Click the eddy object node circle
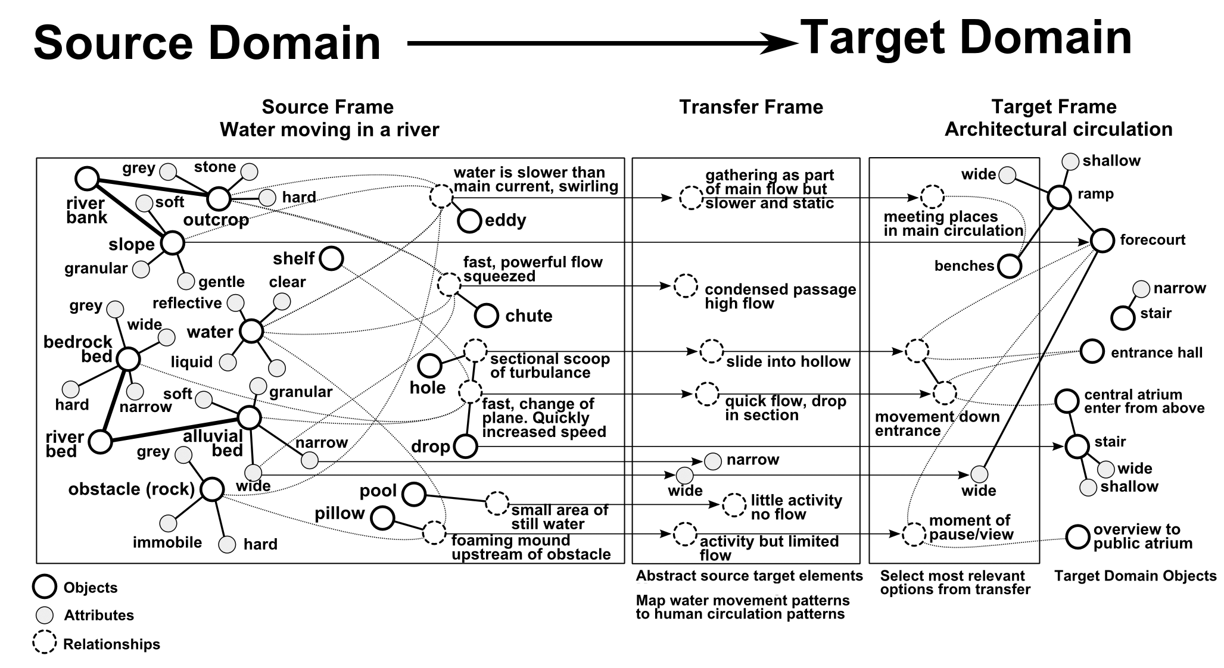[x=469, y=221]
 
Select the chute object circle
[x=487, y=316]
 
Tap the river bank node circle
[x=88, y=178]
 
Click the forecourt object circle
[x=1102, y=241]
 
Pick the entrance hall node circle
[x=1092, y=351]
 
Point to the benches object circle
[x=1009, y=266]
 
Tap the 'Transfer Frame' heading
[x=750, y=107]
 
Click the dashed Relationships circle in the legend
[x=45, y=642]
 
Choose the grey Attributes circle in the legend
[x=45, y=615]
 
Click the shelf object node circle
[x=331, y=258]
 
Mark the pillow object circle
[x=382, y=517]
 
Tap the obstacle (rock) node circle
[x=212, y=489]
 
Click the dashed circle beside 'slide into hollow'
[x=711, y=351]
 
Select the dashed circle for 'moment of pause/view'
[x=913, y=534]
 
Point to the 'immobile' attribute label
[x=167, y=542]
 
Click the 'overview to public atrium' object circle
[x=1077, y=536]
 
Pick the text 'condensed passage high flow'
[x=780, y=296]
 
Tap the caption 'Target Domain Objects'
[x=1135, y=576]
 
